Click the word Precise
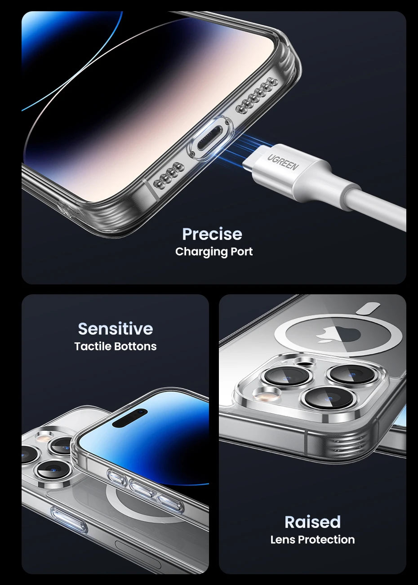pyautogui.click(x=212, y=234)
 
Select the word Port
pyautogui.click(x=242, y=252)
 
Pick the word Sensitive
pyautogui.click(x=116, y=329)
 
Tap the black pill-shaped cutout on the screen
pyautogui.click(x=130, y=418)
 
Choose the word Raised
pyautogui.click(x=312, y=522)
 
